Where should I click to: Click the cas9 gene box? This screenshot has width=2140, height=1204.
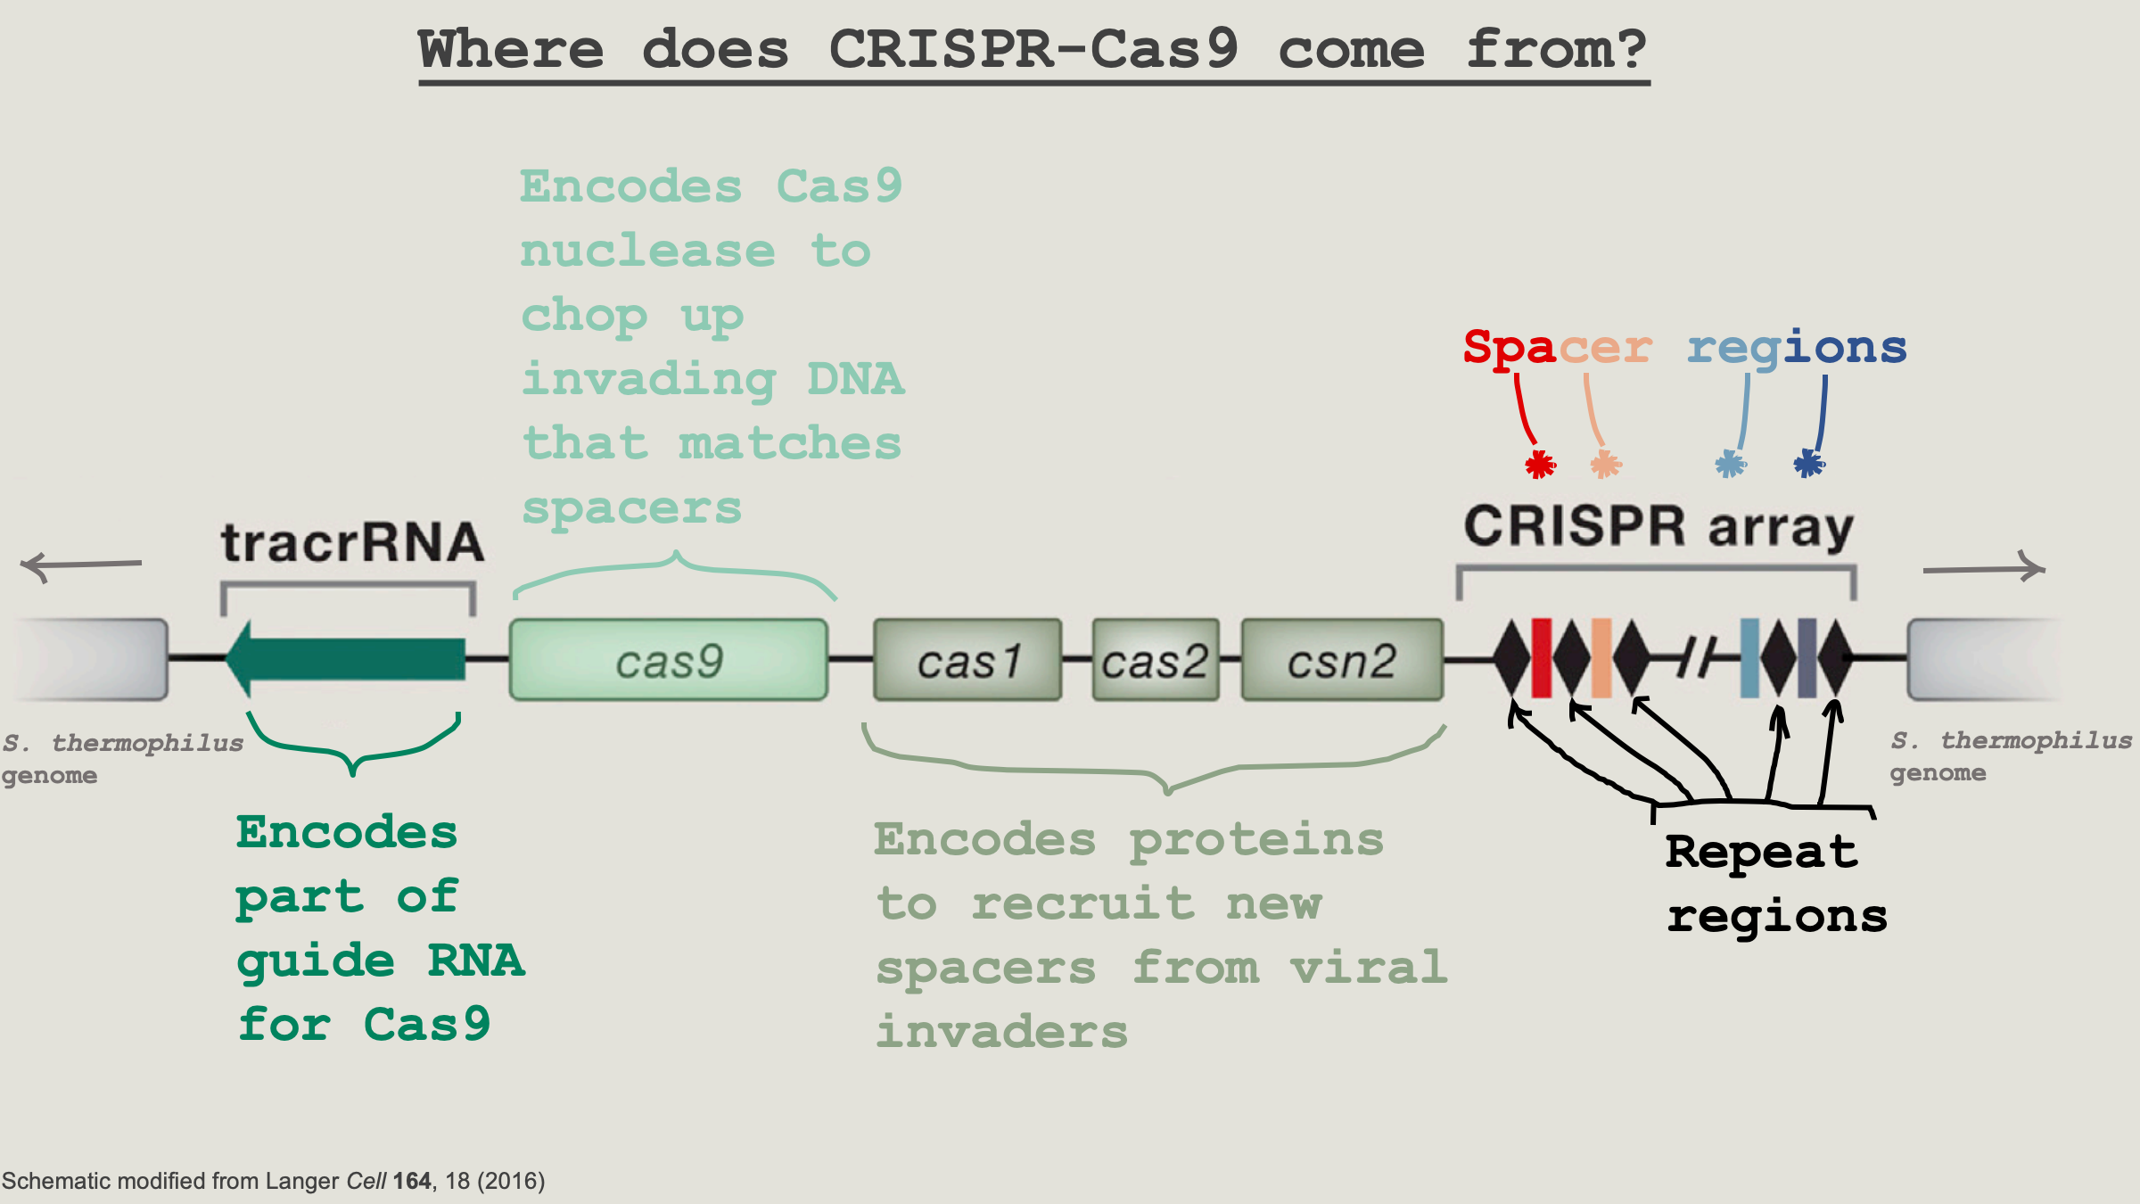[669, 660]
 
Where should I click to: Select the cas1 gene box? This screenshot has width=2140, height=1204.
[967, 660]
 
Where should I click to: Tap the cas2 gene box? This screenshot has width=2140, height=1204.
[1156, 660]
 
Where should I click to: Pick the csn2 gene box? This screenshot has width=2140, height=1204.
[1342, 660]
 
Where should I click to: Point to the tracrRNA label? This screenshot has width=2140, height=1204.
[352, 542]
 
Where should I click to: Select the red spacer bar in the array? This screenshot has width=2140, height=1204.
[1541, 658]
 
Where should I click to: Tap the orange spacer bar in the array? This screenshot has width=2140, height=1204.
[1601, 658]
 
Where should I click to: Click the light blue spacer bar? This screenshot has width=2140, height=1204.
[1749, 658]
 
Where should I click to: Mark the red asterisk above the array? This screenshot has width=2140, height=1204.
[1540, 464]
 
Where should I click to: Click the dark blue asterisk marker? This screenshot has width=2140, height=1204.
[1808, 463]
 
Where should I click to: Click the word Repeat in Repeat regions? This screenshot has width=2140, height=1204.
[1761, 852]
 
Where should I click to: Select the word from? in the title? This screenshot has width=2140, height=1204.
[1556, 49]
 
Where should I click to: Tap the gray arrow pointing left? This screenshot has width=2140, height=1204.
[80, 565]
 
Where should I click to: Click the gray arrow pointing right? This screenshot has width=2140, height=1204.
[1984, 568]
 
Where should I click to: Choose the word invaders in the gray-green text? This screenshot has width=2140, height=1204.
[1001, 1032]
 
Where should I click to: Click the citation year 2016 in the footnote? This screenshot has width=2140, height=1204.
[511, 1181]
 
